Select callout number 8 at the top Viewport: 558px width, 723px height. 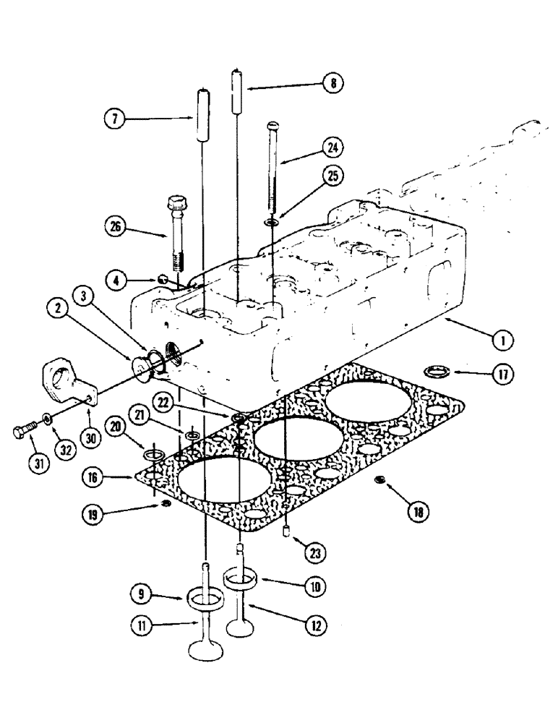point(332,84)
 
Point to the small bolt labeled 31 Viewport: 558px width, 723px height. point(22,434)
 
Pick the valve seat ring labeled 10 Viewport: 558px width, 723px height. point(243,578)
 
